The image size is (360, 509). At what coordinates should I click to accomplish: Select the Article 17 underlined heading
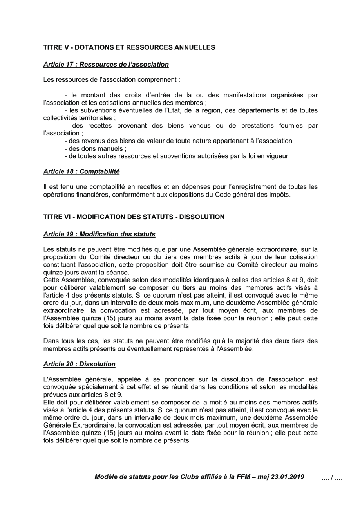106,64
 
